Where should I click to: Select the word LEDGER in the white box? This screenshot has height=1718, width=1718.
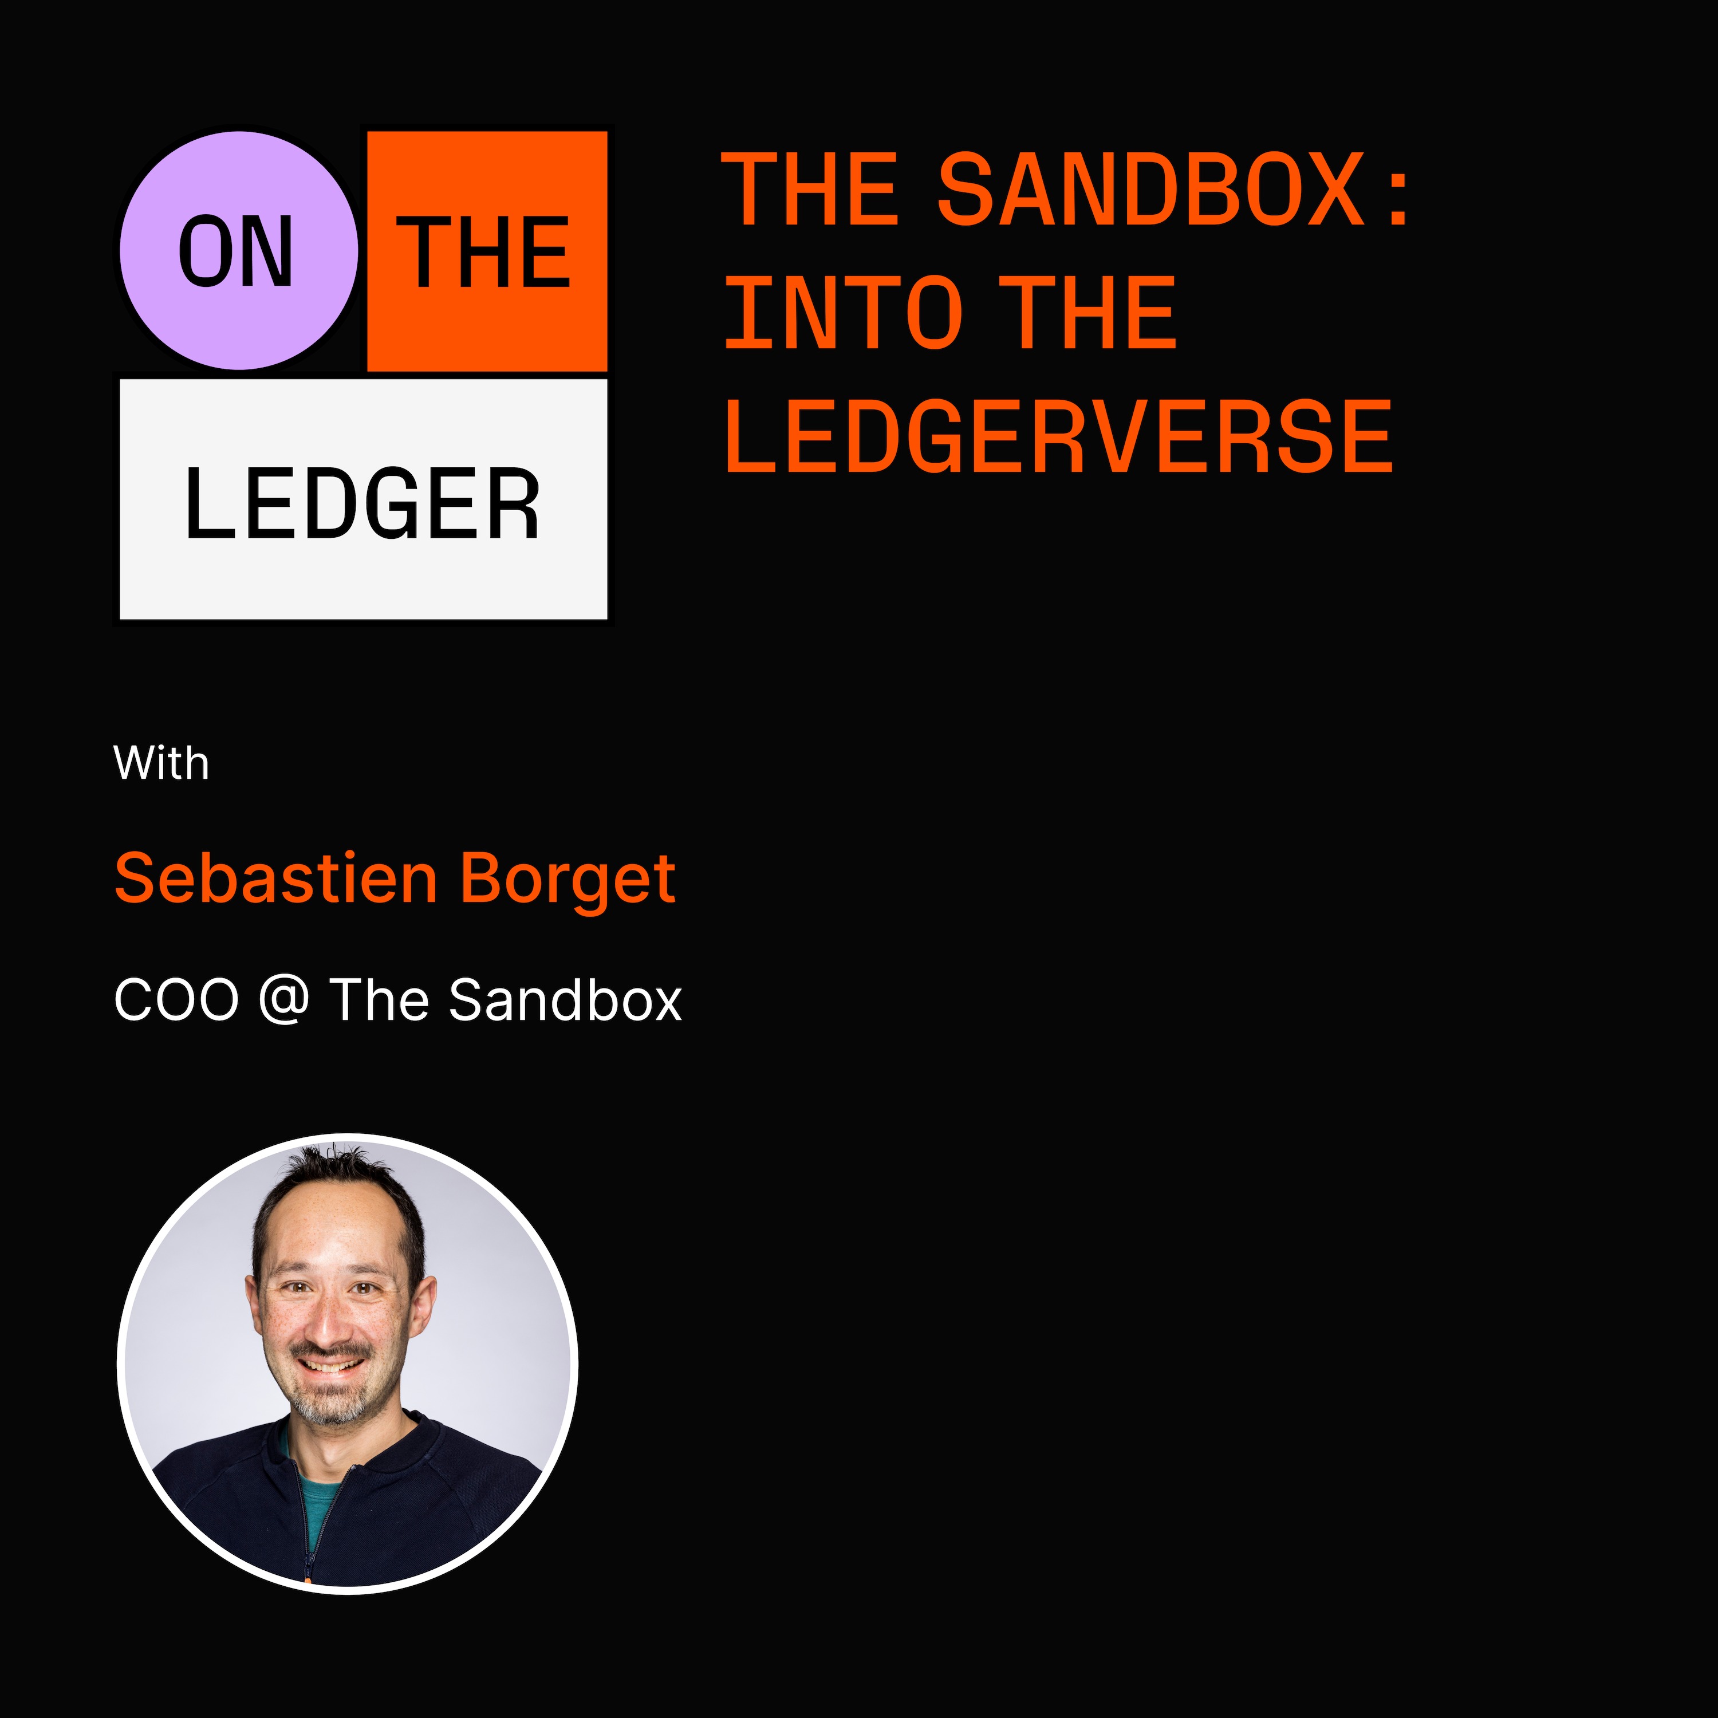click(362, 503)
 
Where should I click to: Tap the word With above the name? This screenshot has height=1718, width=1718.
click(161, 763)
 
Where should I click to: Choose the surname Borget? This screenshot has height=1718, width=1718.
click(568, 880)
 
